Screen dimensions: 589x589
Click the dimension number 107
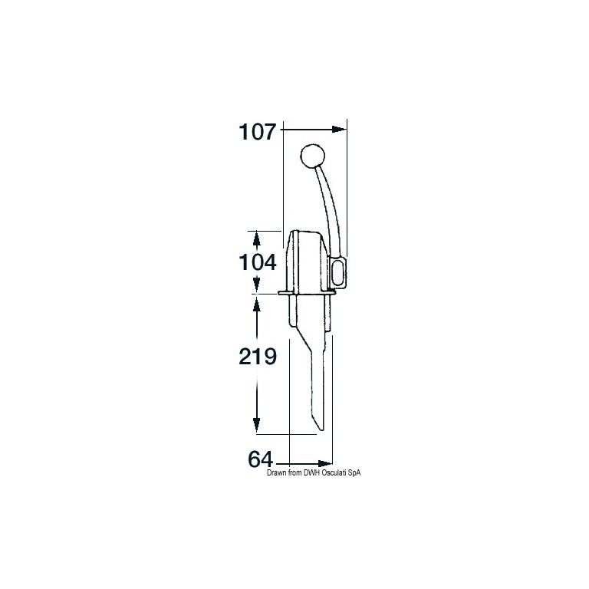(x=258, y=131)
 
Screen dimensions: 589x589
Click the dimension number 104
(x=258, y=262)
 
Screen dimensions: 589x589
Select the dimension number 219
(x=258, y=356)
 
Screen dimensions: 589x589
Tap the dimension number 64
(x=260, y=459)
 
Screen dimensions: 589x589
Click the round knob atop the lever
(x=313, y=156)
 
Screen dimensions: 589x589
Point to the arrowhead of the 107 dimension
(x=339, y=129)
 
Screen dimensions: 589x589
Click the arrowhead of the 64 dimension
(x=325, y=463)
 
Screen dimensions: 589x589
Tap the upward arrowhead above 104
(x=257, y=239)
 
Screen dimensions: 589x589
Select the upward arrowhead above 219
(x=257, y=304)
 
